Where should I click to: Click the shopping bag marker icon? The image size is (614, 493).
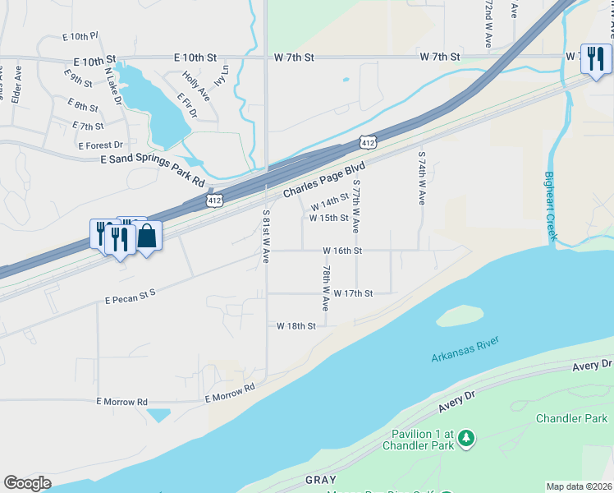pos(147,237)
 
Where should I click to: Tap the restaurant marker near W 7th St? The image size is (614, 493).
pos(596,58)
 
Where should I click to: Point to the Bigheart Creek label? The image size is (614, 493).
pos(552,206)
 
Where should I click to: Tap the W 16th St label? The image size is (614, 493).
pos(342,250)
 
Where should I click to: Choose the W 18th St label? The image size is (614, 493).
pos(296,326)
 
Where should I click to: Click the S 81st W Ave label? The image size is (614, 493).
pos(266,235)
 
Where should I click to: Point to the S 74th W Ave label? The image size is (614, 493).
pos(422,177)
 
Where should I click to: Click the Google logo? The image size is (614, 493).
pos(27,483)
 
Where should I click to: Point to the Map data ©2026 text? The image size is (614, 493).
pos(580,486)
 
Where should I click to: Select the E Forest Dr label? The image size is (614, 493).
pos(100,145)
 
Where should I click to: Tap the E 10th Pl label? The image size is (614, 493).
pos(80,37)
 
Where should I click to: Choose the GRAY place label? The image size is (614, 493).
pos(321,479)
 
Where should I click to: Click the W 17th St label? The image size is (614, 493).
pos(354,293)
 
